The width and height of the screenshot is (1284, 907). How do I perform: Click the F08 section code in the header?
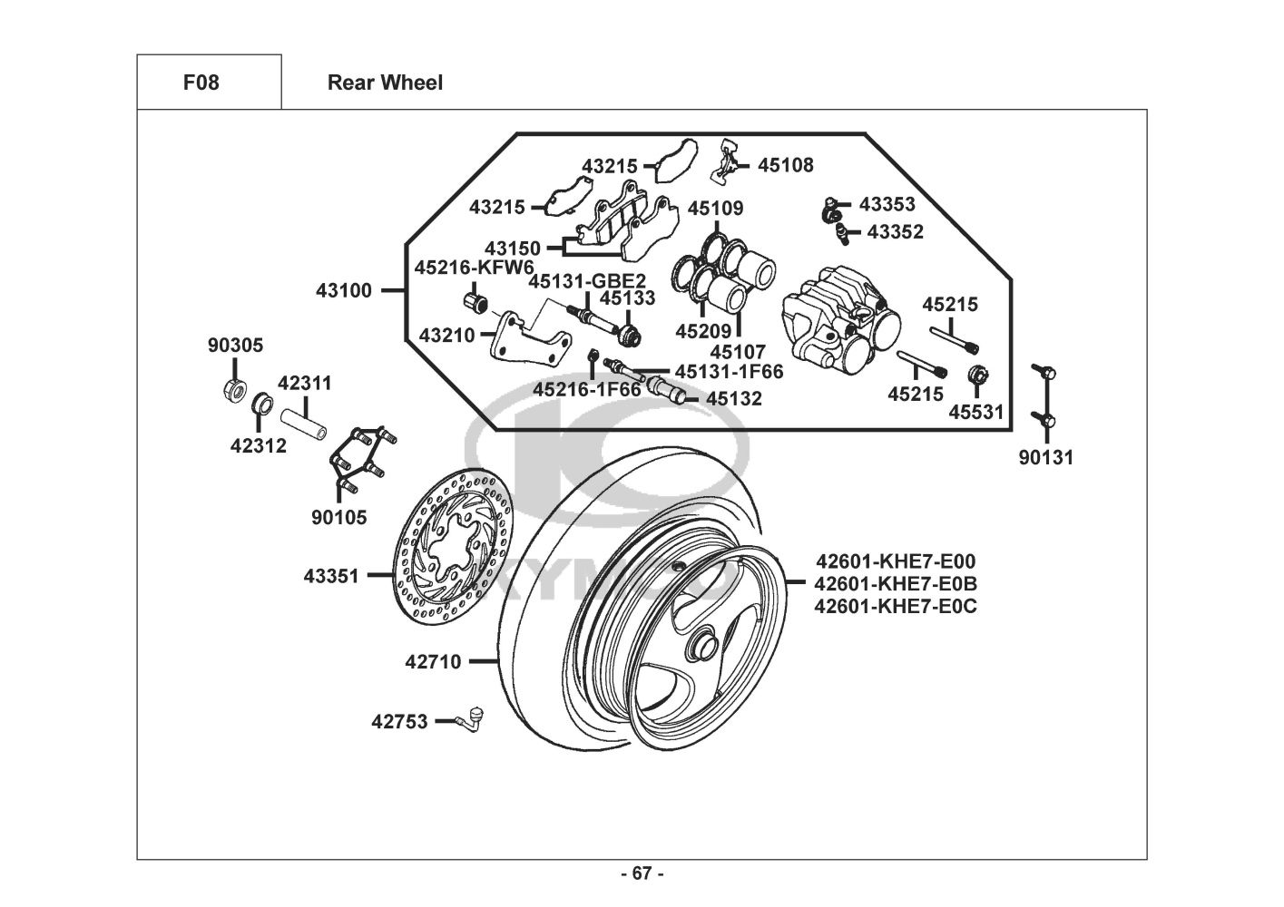pyautogui.click(x=201, y=83)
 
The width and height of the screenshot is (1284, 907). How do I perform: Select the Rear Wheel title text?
pyautogui.click(x=385, y=83)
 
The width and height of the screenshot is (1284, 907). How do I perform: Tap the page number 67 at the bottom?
pyautogui.click(x=642, y=873)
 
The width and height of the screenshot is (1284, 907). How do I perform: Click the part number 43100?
pyautogui.click(x=344, y=291)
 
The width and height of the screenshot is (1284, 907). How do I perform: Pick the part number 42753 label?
pyautogui.click(x=398, y=722)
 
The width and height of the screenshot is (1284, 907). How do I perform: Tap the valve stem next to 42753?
pyautogui.click(x=473, y=717)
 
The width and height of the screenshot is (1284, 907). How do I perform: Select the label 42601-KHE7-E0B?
pyautogui.click(x=895, y=583)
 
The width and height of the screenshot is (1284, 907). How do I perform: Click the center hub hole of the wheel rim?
pyautogui.click(x=701, y=645)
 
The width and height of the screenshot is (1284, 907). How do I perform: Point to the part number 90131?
pyautogui.click(x=1045, y=458)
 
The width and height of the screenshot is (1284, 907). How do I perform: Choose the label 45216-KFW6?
pyautogui.click(x=474, y=268)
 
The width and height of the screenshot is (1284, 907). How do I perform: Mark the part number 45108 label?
pyautogui.click(x=786, y=165)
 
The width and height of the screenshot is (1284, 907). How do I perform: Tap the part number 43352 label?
pyautogui.click(x=895, y=232)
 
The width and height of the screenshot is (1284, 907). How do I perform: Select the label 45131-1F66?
pyautogui.click(x=729, y=371)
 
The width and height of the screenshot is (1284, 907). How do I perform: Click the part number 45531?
pyautogui.click(x=976, y=413)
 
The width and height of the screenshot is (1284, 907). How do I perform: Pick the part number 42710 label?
pyautogui.click(x=433, y=662)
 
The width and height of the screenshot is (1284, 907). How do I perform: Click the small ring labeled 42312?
pyautogui.click(x=261, y=403)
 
